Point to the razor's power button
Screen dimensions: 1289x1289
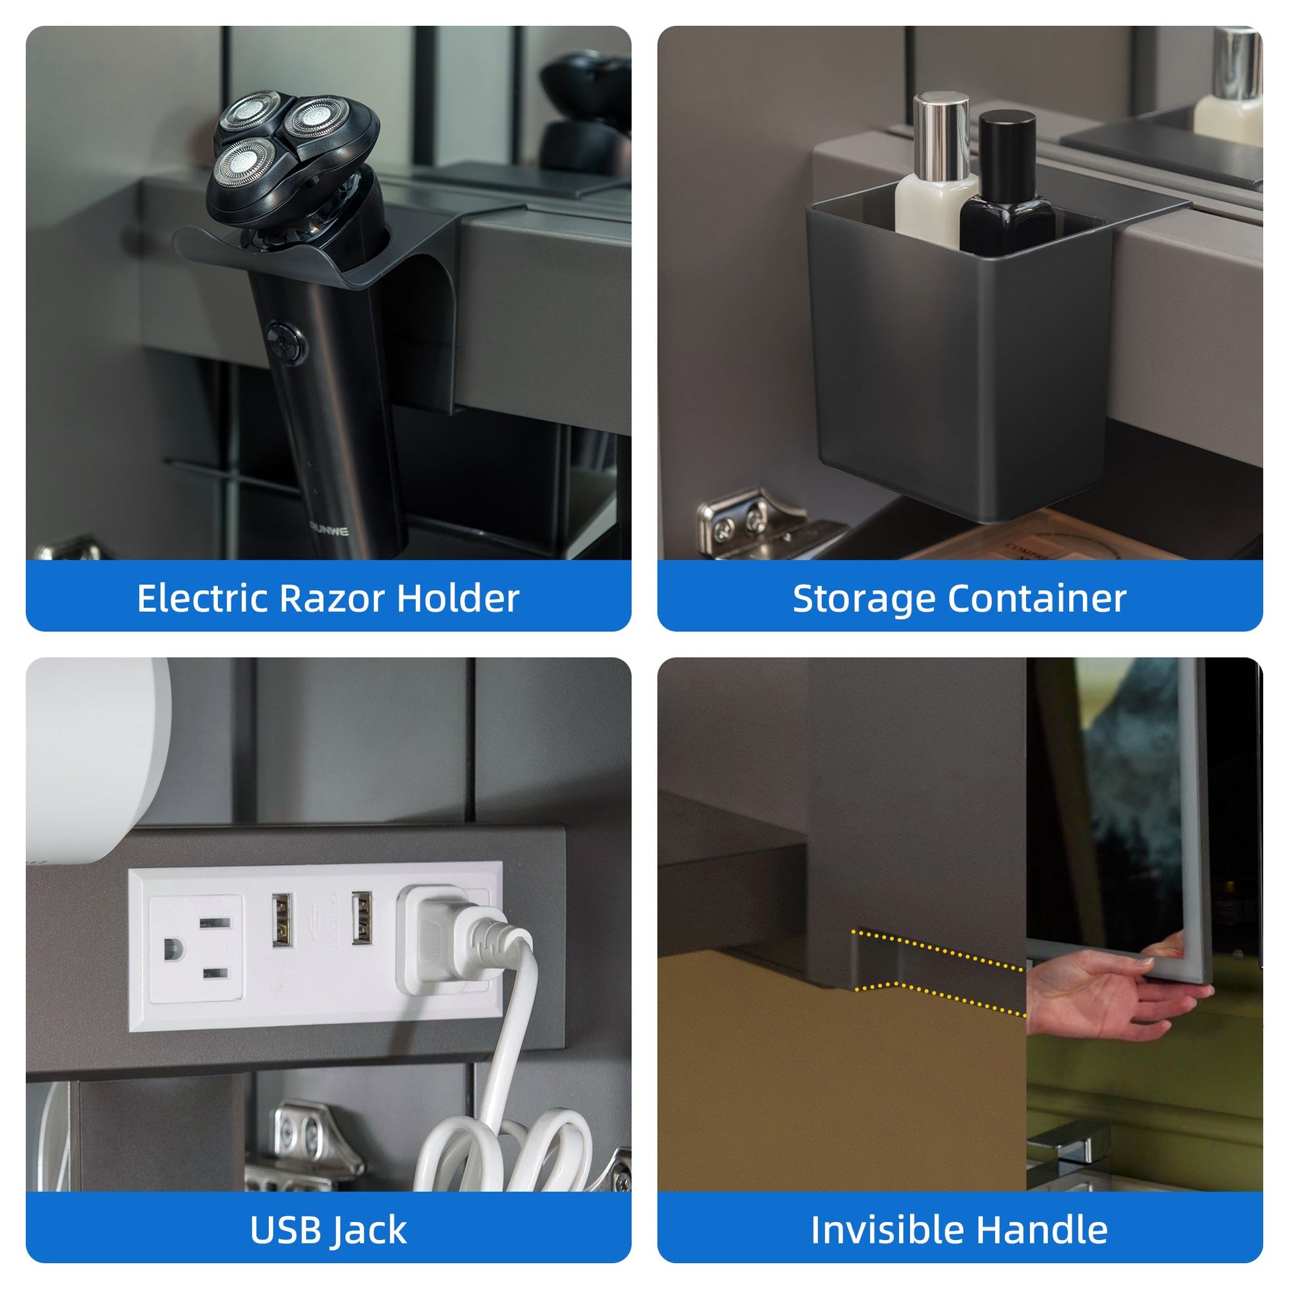(x=286, y=342)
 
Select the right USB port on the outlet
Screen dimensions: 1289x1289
(x=361, y=917)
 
